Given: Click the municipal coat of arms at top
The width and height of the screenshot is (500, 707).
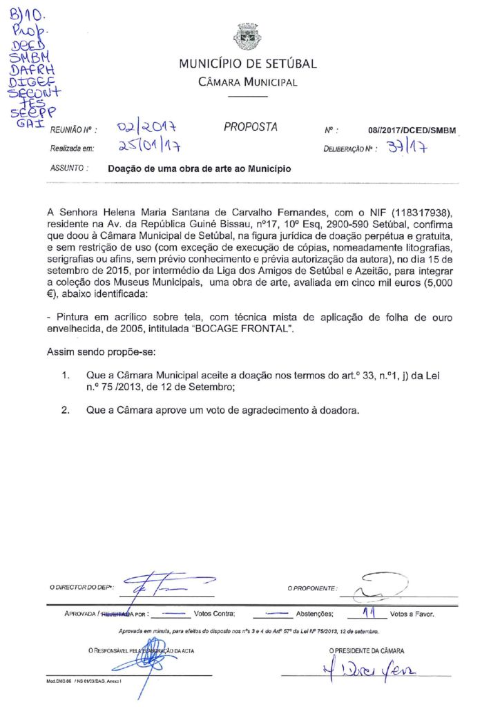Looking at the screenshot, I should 247,36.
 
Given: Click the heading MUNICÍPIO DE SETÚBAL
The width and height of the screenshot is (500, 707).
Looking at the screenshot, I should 248,64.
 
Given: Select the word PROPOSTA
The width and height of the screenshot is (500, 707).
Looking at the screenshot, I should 251,127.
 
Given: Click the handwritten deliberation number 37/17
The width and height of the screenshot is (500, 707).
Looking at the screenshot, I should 407,147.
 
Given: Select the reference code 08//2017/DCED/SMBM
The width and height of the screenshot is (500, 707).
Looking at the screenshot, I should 412,130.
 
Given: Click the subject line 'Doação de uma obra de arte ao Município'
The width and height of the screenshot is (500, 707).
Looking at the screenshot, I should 200,168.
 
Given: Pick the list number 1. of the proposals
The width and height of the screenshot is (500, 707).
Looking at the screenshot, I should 66,376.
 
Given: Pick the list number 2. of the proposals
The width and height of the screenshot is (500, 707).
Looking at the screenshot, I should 66,410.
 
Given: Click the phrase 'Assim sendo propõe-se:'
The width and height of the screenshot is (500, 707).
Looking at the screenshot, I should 102,353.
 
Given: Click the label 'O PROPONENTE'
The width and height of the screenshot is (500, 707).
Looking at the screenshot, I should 312,588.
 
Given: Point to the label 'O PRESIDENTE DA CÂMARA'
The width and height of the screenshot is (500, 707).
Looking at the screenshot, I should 367,650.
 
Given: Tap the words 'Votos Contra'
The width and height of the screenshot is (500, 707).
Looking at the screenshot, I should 215,613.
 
